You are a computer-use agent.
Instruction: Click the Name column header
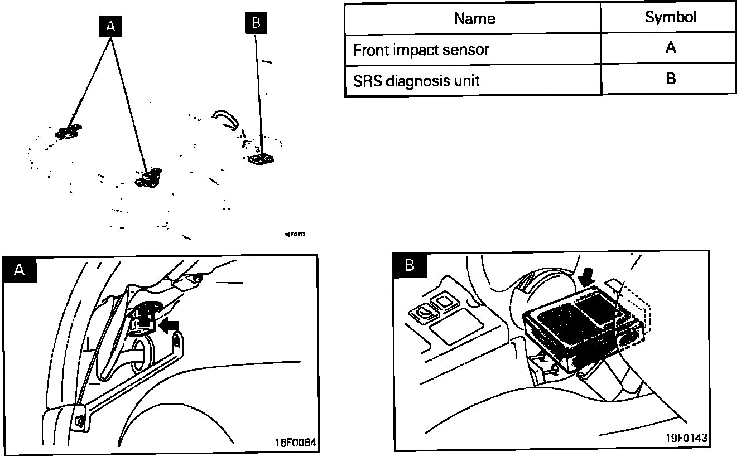(474, 18)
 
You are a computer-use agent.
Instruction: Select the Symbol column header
(670, 17)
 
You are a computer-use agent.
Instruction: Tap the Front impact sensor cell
(421, 50)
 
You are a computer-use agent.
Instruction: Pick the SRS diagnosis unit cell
(416, 81)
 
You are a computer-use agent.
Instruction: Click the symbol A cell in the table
(670, 48)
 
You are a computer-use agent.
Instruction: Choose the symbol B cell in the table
(670, 79)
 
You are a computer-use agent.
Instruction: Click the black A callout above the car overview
(110, 26)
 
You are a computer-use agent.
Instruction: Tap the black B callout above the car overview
(256, 23)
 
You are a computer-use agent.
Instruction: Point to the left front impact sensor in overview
(69, 132)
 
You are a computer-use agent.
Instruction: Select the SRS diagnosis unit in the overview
(261, 158)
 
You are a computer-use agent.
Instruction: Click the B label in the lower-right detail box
(410, 265)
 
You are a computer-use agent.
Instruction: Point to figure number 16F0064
(295, 443)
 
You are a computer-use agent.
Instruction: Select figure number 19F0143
(686, 437)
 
